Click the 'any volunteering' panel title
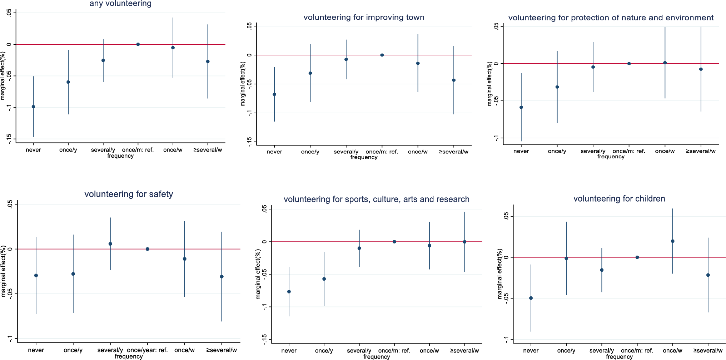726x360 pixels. [120, 4]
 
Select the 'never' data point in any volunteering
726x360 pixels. [33, 107]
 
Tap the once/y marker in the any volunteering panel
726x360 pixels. [68, 82]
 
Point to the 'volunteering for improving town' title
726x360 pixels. [364, 18]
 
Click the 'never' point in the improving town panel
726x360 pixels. [274, 94]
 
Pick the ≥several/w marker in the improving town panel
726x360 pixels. [454, 80]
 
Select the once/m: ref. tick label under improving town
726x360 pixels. [382, 152]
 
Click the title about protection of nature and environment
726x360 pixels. [611, 18]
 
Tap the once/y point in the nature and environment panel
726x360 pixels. [557, 87]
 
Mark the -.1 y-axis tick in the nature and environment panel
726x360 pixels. [496, 138]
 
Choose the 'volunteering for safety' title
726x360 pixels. [129, 194]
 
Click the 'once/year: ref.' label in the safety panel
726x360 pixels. [147, 350]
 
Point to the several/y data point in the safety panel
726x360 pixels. [110, 244]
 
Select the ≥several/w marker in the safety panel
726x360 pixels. [222, 277]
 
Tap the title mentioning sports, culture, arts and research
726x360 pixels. [376, 199]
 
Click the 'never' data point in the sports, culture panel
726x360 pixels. [289, 292]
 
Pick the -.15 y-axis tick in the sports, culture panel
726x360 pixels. [265, 339]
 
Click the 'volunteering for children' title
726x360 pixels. [619, 199]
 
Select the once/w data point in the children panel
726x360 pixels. [672, 241]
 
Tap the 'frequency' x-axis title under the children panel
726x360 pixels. [619, 357]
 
